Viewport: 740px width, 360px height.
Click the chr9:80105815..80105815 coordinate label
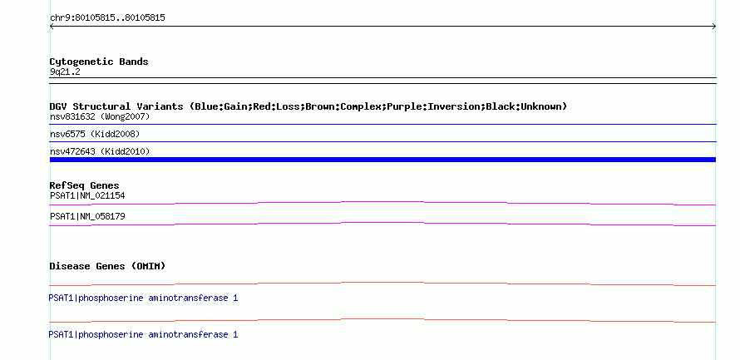107,18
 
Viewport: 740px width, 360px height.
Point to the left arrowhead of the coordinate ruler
52,27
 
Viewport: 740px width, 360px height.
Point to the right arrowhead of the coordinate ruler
714,27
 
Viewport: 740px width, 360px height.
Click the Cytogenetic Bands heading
99,62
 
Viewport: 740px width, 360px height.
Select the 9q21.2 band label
65,72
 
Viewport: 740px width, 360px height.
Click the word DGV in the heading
58,106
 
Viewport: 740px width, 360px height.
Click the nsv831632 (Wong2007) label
100,116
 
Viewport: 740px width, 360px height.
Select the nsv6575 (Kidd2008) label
95,135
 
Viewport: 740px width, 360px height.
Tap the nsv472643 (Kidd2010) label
100,151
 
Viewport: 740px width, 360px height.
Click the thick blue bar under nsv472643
382,160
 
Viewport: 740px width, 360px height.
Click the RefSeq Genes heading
85,185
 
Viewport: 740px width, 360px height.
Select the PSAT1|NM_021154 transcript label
87,196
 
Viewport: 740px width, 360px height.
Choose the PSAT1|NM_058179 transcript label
87,216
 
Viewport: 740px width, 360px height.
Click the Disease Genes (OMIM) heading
107,266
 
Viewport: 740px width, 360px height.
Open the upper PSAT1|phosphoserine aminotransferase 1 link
144,298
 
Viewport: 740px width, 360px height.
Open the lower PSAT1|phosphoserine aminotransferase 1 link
144,334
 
